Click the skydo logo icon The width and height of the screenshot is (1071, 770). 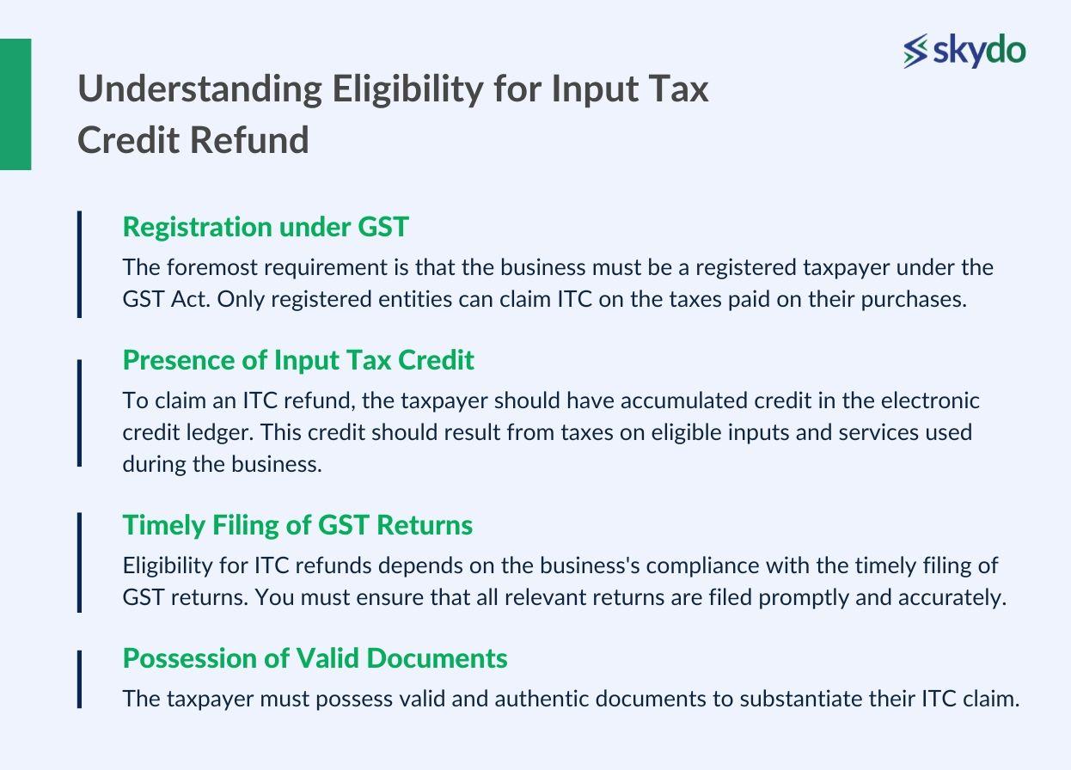pyautogui.click(x=916, y=51)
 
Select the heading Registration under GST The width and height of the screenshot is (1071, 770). pyautogui.click(x=266, y=227)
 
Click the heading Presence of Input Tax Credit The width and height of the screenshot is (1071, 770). pyautogui.click(x=298, y=360)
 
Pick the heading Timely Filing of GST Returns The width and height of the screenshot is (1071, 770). pyautogui.click(x=297, y=524)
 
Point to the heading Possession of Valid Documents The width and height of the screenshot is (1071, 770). pyautogui.click(x=315, y=658)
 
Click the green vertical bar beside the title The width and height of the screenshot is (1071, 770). pyautogui.click(x=15, y=104)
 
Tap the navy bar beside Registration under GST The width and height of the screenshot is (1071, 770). pyautogui.click(x=79, y=264)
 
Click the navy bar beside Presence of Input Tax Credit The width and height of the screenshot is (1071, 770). pyautogui.click(x=79, y=412)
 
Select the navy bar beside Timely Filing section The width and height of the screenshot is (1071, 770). pyautogui.click(x=79, y=562)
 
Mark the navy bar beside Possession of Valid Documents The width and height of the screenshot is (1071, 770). pyautogui.click(x=79, y=679)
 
